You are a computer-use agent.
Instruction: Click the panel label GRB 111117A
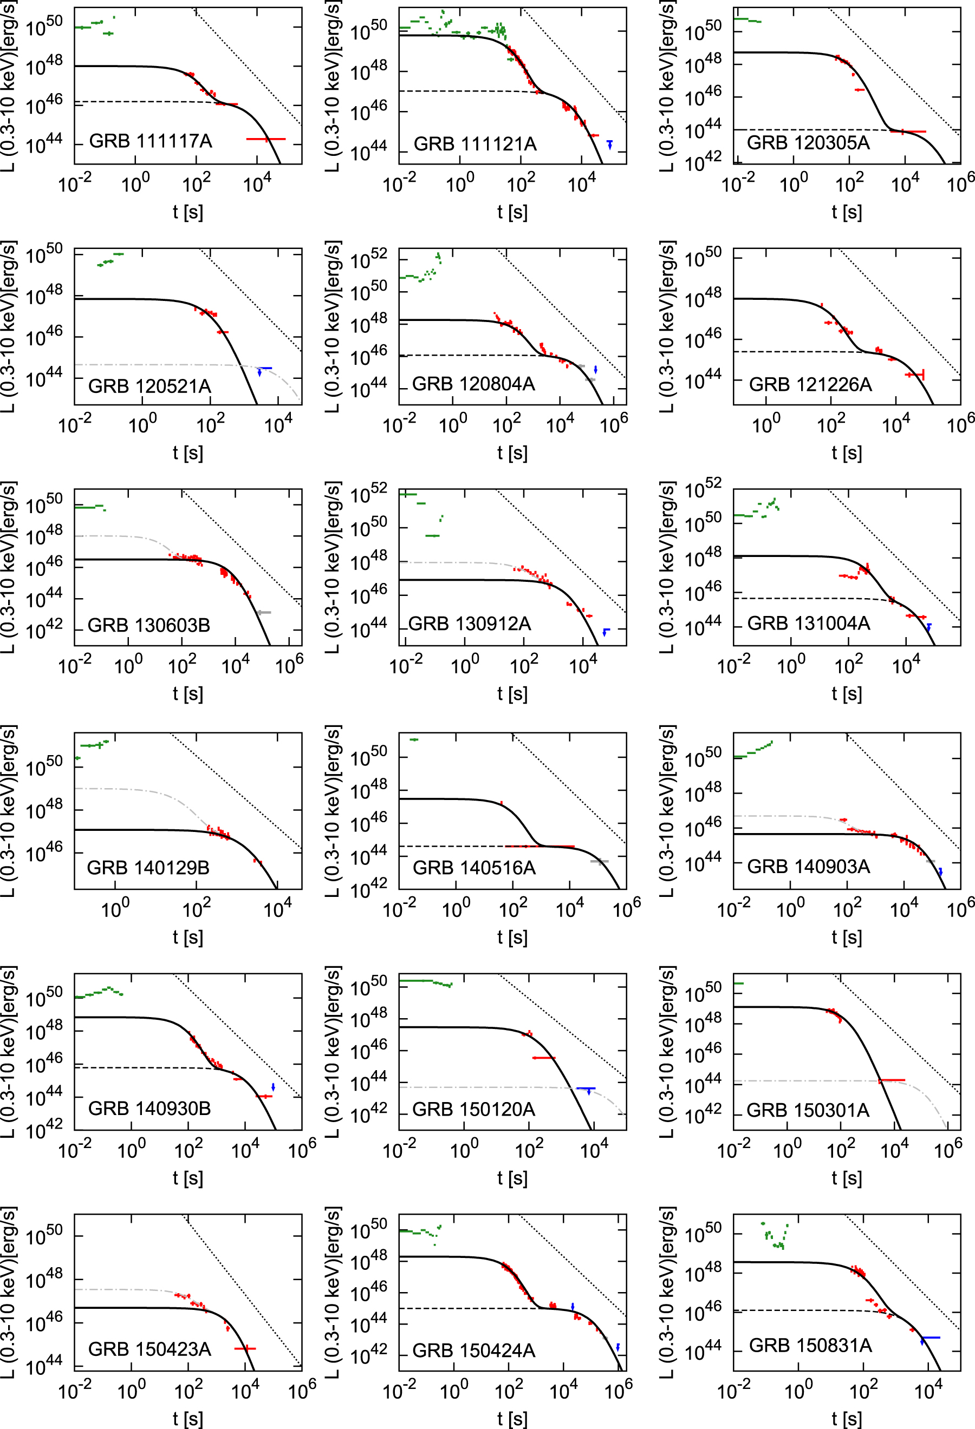(x=151, y=141)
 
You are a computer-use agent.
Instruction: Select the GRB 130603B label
(x=149, y=625)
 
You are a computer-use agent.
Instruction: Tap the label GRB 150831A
(x=810, y=1346)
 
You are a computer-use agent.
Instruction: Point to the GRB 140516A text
(x=474, y=868)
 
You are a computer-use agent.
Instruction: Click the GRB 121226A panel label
(x=810, y=384)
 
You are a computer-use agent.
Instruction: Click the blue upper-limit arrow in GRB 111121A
(x=609, y=145)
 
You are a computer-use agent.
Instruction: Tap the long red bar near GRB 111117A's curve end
(x=266, y=139)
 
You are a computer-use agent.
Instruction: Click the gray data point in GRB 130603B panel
(x=264, y=612)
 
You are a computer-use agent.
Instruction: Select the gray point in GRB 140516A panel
(x=599, y=861)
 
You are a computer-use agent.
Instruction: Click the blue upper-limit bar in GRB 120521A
(x=264, y=368)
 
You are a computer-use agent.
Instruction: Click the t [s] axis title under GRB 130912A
(x=512, y=693)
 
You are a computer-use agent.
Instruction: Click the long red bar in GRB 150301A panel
(x=892, y=1080)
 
